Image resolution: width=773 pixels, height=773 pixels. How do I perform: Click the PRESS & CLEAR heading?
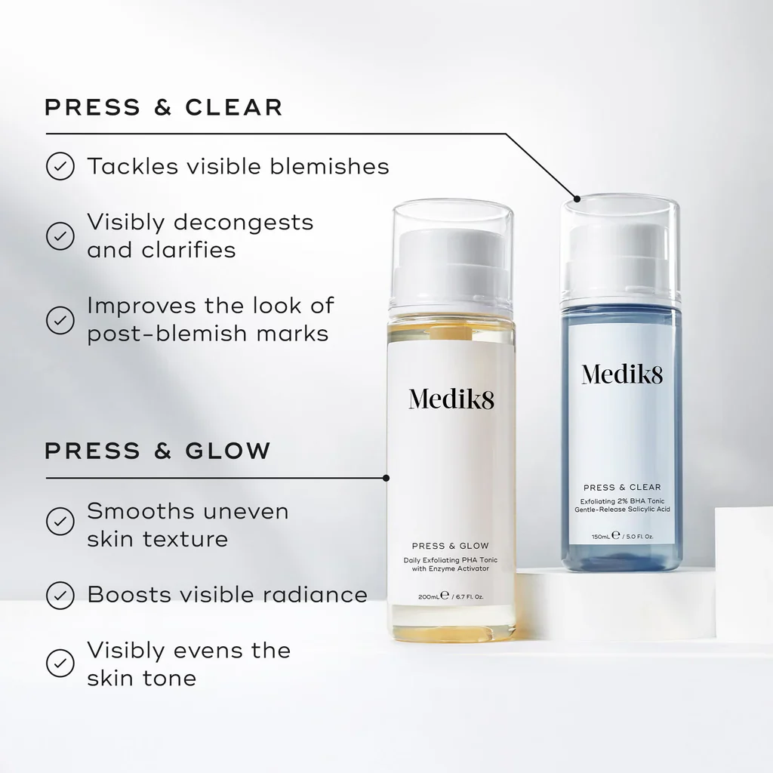pos(163,107)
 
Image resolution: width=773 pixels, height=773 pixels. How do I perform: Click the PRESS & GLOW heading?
pos(157,451)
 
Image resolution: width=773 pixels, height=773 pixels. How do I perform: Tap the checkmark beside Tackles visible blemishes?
pos(60,166)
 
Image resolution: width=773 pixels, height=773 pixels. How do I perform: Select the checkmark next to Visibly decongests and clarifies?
pos(60,236)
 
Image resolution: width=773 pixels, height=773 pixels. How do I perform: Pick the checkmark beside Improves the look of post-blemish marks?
pos(60,319)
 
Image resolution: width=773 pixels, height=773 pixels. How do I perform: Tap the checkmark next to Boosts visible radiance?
pos(60,595)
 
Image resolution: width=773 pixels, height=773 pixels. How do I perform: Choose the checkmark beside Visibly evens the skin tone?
pos(60,663)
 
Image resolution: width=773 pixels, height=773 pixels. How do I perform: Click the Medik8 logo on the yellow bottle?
pos(451,399)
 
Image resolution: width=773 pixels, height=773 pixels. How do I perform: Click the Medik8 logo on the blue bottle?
pos(621,373)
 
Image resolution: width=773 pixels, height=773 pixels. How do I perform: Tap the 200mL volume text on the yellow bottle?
pos(428,596)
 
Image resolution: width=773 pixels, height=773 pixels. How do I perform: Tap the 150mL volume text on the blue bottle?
pos(602,536)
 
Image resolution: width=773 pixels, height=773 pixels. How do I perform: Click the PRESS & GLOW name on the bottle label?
pos(451,546)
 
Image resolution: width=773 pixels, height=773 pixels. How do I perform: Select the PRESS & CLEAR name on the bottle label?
pos(621,488)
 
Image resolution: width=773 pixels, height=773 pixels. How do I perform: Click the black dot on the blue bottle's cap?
pos(577,199)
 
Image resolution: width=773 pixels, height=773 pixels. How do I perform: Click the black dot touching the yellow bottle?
pos(386,478)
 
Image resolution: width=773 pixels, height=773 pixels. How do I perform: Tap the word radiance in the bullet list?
pos(317,595)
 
